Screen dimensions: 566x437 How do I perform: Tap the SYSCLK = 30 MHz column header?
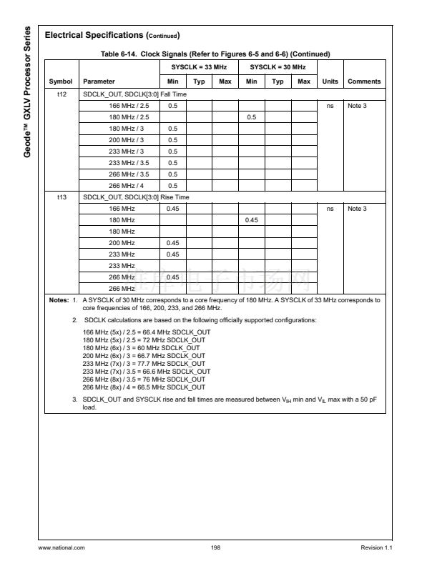coord(278,66)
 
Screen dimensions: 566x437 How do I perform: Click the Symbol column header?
coord(61,81)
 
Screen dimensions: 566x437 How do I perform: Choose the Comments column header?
coord(364,81)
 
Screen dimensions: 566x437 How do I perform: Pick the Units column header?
coord(330,81)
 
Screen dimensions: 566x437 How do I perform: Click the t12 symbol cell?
coord(61,94)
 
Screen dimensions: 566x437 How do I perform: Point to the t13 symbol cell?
coord(61,196)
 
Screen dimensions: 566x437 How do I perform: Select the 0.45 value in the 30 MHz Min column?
coord(252,219)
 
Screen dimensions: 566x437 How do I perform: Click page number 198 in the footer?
coord(215,547)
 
